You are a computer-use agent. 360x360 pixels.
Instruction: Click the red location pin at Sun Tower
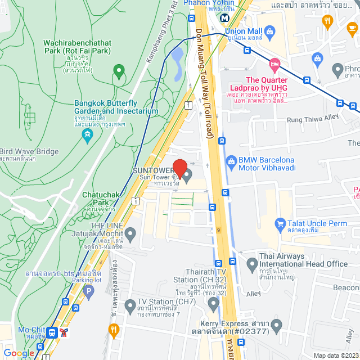179,168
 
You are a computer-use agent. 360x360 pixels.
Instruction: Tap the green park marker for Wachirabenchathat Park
118,71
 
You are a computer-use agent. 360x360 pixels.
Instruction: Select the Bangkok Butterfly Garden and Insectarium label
116,107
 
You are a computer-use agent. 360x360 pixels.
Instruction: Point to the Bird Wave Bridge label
29,152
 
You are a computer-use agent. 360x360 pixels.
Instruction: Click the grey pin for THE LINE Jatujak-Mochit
130,232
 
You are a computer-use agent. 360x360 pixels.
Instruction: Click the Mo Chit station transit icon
52,332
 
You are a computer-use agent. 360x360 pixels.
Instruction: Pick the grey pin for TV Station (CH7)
130,306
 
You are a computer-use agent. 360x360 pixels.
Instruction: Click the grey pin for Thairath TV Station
213,304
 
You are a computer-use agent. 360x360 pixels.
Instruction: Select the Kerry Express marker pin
276,325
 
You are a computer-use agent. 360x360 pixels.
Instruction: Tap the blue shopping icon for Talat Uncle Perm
280,223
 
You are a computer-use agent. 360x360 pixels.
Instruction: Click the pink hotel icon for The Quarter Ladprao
274,65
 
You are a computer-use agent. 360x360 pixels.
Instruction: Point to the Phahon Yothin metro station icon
225,17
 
